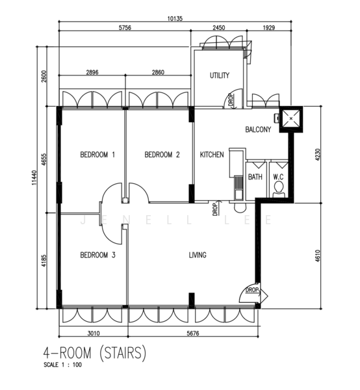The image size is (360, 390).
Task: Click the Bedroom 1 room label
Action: point(97,155)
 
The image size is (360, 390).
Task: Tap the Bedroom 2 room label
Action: point(162,155)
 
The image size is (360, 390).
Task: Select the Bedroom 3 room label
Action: point(97,255)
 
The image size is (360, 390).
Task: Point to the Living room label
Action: point(198,255)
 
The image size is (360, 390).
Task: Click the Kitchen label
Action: point(212,155)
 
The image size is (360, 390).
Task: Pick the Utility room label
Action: point(220,75)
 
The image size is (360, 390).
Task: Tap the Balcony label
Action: point(258,129)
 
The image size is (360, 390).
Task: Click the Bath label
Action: point(255,177)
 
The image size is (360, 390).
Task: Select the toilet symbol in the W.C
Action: point(279,190)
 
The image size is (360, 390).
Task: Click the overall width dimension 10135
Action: point(175,19)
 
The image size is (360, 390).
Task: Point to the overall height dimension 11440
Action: point(34,177)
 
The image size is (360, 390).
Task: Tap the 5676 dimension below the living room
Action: point(193,333)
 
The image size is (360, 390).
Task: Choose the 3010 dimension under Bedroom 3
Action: point(94,333)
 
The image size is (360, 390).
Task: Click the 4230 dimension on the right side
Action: point(318,155)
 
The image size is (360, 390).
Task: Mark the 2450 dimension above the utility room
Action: point(219,27)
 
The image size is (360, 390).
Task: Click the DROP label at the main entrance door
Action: point(252,290)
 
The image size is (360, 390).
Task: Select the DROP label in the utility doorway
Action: point(231,100)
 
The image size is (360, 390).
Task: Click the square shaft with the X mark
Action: point(291,119)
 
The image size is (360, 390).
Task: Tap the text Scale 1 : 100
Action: point(62,365)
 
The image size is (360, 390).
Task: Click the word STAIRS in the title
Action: point(123,353)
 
